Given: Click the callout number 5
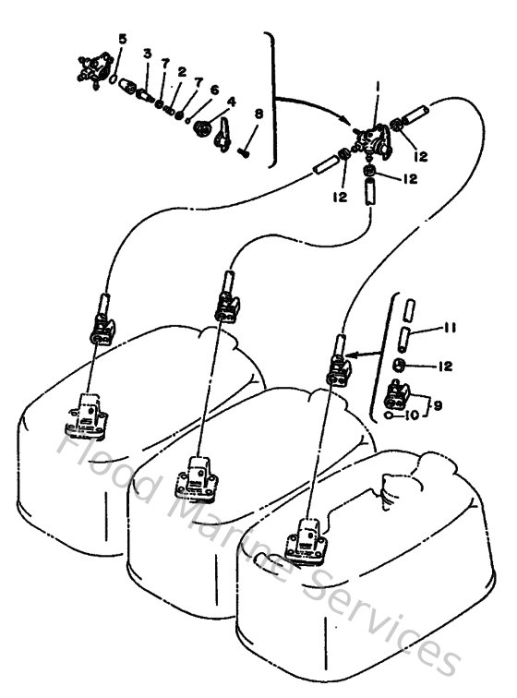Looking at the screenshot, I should point(122,38).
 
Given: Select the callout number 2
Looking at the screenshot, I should point(182,71).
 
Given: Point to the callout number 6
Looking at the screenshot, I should point(213,90).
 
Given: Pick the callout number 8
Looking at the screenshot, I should point(258,114).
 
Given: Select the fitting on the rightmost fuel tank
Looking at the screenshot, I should point(309,539).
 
